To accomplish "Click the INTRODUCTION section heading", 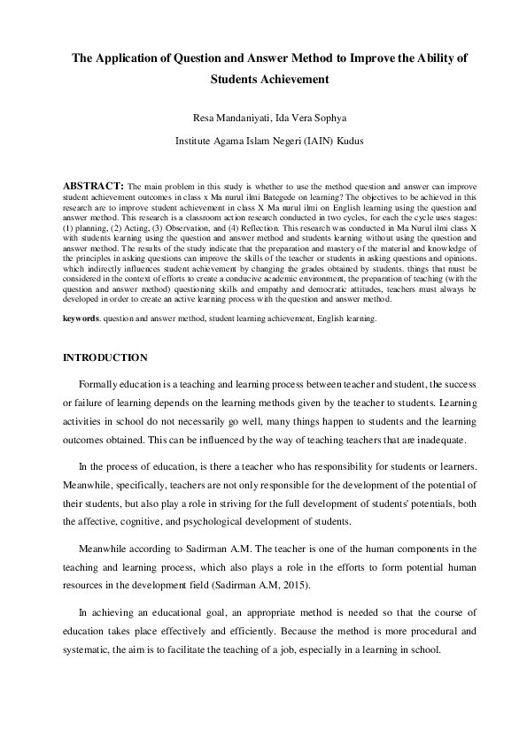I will click(x=105, y=358).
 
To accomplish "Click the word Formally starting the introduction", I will click(x=99, y=386).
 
